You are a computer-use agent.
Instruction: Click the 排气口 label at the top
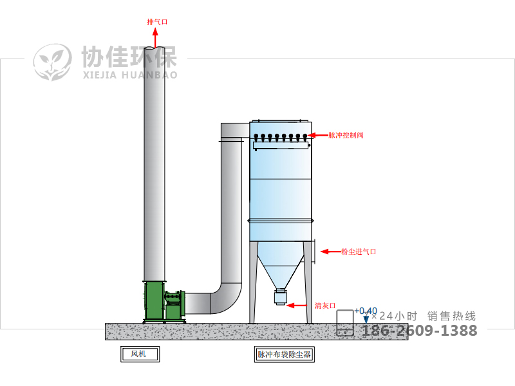[157, 22]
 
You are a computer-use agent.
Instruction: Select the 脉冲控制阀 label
[346, 135]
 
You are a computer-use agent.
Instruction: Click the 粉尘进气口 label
[359, 252]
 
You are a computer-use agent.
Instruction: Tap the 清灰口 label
[325, 306]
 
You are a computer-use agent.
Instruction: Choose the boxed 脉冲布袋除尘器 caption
[285, 354]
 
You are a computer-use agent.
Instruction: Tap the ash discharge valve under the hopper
[280, 297]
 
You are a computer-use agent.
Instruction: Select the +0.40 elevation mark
[366, 311]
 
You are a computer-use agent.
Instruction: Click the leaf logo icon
[53, 62]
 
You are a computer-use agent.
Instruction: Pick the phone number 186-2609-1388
[420, 331]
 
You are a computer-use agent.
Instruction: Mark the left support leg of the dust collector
[252, 283]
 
